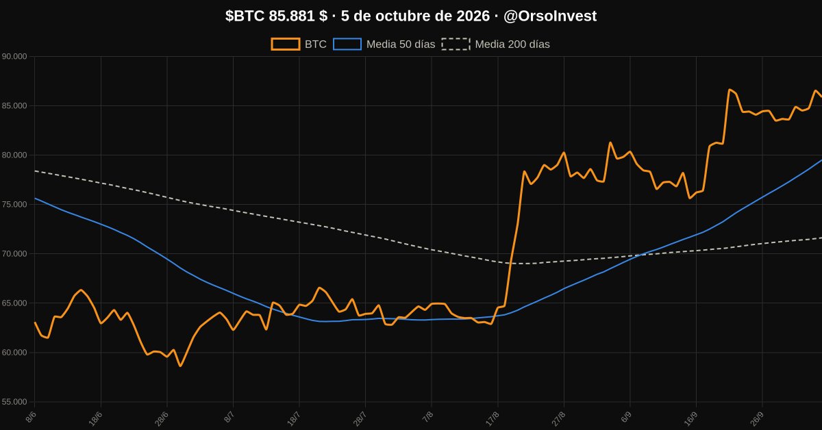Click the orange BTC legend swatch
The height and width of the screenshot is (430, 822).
(286, 44)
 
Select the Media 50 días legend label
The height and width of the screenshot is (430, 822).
(401, 45)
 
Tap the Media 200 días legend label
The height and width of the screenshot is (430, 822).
(512, 45)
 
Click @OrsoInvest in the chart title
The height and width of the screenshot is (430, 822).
(550, 16)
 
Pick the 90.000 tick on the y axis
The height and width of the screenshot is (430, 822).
(14, 57)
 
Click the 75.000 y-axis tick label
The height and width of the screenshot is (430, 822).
(14, 204)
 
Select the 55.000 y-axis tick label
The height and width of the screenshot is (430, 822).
(14, 402)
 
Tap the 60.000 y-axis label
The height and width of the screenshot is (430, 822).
(14, 353)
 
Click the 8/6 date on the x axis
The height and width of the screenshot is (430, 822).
(32, 417)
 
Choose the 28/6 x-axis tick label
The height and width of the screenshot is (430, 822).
(162, 418)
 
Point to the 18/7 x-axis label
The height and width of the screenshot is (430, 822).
(294, 418)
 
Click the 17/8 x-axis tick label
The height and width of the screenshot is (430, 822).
(492, 418)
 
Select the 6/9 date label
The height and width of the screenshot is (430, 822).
(626, 417)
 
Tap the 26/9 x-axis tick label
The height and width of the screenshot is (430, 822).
(757, 418)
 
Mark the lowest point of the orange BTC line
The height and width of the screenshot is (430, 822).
(180, 366)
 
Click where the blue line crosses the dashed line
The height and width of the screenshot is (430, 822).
(640, 255)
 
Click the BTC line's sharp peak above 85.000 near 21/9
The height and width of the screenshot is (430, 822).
(729, 89)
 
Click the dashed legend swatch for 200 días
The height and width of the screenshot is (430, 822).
(456, 44)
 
